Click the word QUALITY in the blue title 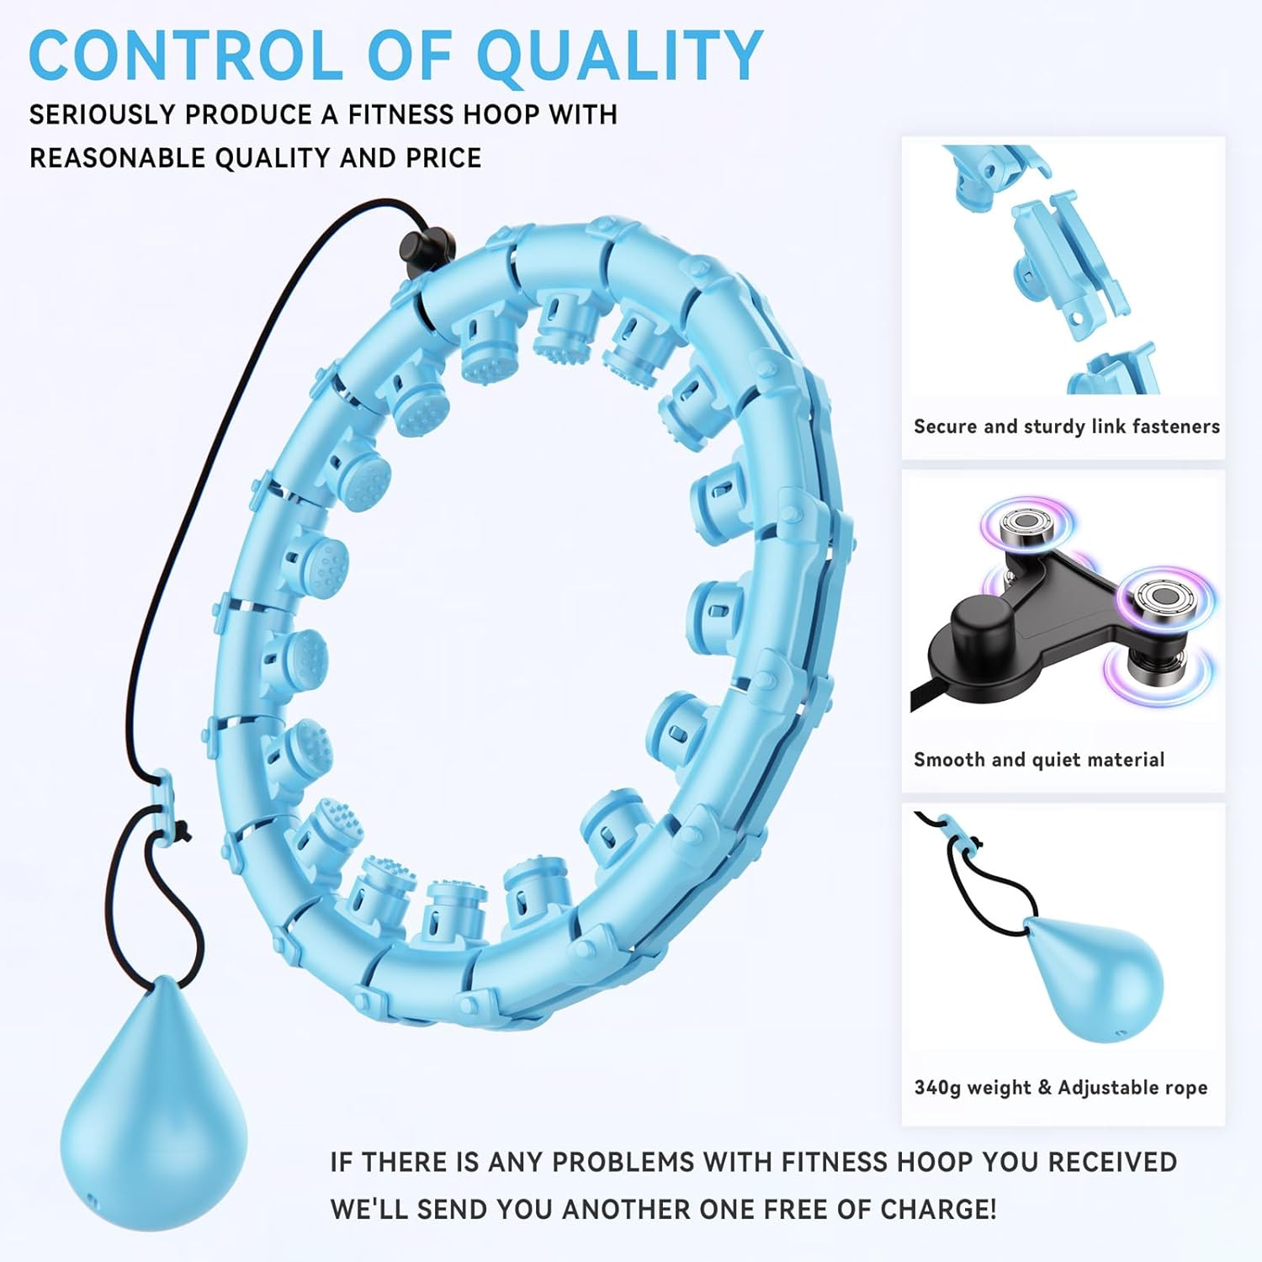tap(620, 56)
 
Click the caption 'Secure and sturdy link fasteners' tap(1067, 427)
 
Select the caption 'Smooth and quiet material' tap(1039, 760)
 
